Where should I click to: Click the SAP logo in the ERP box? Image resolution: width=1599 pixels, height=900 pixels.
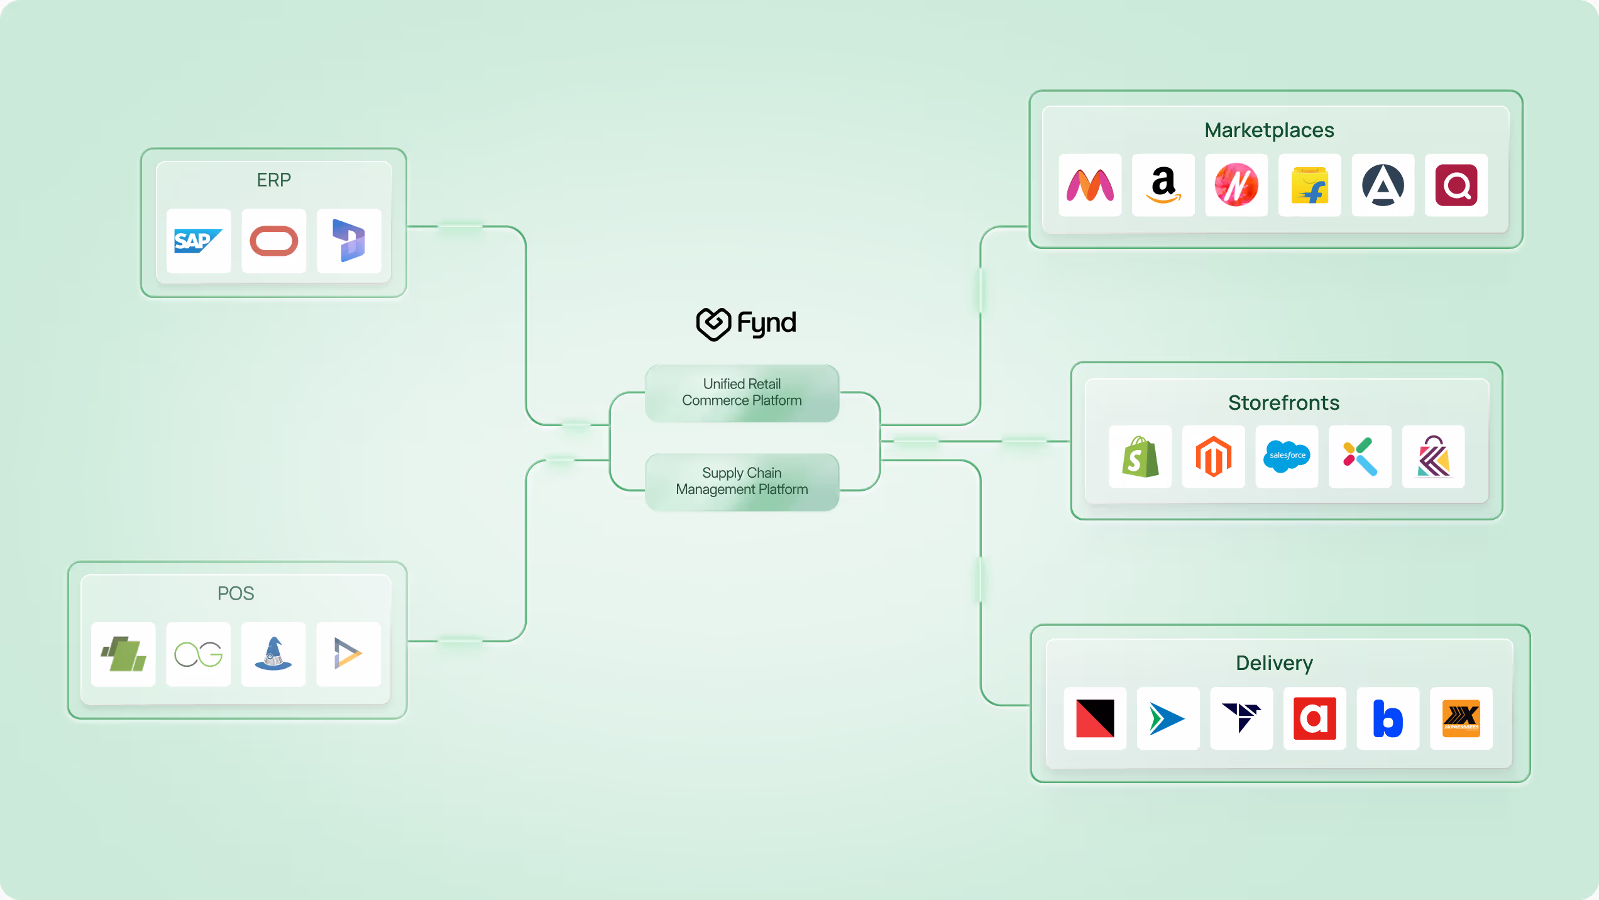pyautogui.click(x=198, y=241)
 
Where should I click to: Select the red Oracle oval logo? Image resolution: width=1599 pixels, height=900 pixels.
pyautogui.click(x=273, y=241)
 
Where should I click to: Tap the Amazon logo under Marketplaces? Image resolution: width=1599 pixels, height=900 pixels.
pyautogui.click(x=1163, y=185)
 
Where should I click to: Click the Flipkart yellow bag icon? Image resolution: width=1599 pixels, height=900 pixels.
pyautogui.click(x=1309, y=185)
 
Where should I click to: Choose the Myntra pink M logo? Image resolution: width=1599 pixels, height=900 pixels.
pyautogui.click(x=1090, y=185)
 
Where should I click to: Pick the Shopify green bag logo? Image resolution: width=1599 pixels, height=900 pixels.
pyautogui.click(x=1140, y=457)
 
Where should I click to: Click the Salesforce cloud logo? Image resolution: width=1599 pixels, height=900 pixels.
pyautogui.click(x=1287, y=456)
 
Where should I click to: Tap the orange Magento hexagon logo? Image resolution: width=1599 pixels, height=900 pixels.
pyautogui.click(x=1213, y=457)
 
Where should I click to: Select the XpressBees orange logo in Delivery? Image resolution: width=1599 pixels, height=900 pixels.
pyautogui.click(x=1461, y=718)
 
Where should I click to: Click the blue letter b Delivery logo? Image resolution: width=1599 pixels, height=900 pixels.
pyautogui.click(x=1388, y=718)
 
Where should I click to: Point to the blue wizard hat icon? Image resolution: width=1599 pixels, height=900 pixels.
pyautogui.click(x=273, y=654)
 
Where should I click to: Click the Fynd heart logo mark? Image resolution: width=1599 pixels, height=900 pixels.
pyautogui.click(x=713, y=324)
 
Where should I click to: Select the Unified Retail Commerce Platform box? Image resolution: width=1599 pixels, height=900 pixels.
pyautogui.click(x=742, y=393)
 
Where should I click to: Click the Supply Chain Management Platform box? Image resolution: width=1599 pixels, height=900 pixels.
pyautogui.click(x=742, y=481)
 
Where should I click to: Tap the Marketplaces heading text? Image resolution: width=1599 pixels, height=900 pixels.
pyautogui.click(x=1269, y=130)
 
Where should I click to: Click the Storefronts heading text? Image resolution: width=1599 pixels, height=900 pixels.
pyautogui.click(x=1283, y=403)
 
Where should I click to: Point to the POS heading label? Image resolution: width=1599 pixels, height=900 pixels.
pyautogui.click(x=236, y=593)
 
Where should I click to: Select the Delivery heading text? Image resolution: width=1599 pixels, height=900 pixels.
pyautogui.click(x=1274, y=663)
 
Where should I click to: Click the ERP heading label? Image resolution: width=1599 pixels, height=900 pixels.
pyautogui.click(x=273, y=180)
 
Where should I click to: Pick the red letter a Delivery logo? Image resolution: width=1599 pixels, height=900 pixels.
pyautogui.click(x=1314, y=718)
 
